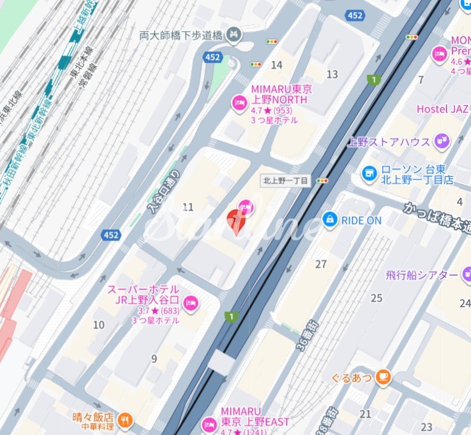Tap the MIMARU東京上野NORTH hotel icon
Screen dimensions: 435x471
pos(239,103)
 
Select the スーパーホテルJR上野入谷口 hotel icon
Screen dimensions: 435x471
pos(191,303)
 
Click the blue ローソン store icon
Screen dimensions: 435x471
pos(369,174)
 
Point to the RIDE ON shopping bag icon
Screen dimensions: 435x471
pos(330,220)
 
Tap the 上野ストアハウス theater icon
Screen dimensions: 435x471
pos(442,141)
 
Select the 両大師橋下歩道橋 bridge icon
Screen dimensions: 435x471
pos(236,35)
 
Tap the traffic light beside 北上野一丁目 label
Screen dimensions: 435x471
pos(323,180)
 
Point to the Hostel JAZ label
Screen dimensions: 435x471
pos(442,109)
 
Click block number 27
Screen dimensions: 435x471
pos(321,264)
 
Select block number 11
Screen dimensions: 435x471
pos(188,207)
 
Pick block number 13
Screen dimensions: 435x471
pos(332,74)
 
